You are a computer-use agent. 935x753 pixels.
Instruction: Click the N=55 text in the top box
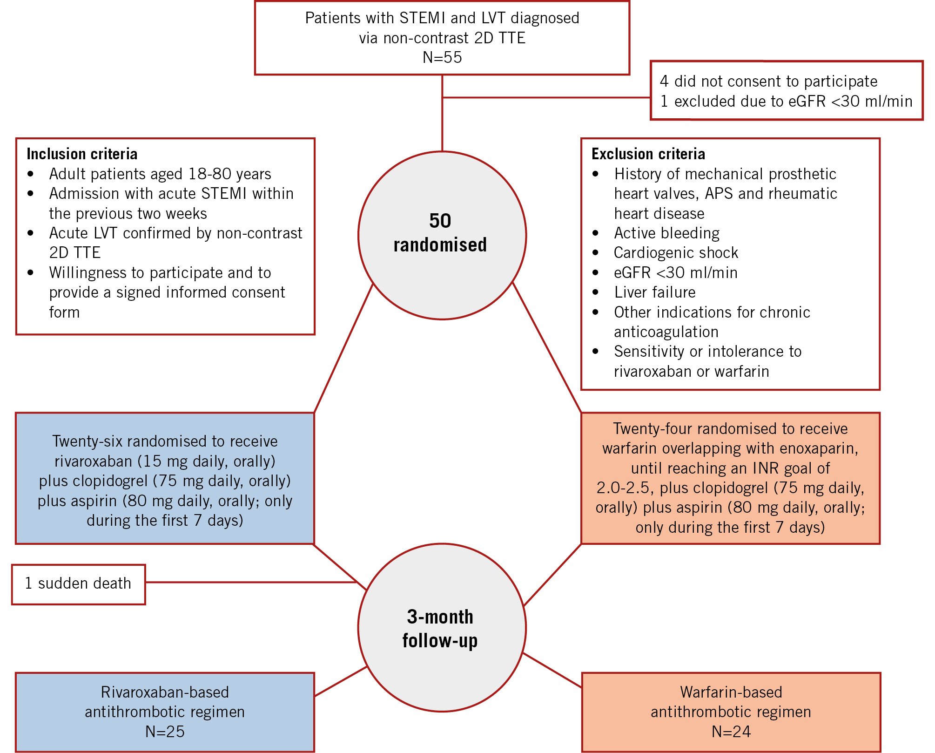(x=442, y=57)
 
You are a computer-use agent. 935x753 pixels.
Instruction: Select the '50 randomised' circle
(x=442, y=235)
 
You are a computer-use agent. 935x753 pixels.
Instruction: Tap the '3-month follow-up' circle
(x=442, y=628)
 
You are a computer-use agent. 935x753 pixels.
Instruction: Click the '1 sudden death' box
(x=78, y=583)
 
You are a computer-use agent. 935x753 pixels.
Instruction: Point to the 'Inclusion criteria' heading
(x=82, y=154)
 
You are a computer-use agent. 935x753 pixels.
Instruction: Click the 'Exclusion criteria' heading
(x=648, y=154)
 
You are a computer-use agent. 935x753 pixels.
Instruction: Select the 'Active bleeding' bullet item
(x=666, y=233)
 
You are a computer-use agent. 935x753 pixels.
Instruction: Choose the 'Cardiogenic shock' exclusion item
(x=676, y=253)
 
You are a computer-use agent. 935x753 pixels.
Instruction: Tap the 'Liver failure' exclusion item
(x=655, y=292)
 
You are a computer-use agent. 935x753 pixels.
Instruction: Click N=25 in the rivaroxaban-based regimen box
(x=165, y=732)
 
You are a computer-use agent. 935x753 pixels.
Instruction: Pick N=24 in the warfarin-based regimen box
(x=731, y=732)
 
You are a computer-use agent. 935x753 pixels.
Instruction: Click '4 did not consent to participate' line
(x=768, y=81)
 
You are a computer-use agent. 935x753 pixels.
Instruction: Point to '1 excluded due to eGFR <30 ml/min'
(x=786, y=102)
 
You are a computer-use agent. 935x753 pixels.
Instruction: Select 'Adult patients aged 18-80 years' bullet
(x=160, y=174)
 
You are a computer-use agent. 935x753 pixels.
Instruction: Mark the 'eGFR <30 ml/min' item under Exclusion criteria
(x=675, y=273)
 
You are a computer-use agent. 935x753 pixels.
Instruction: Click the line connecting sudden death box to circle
(x=251, y=582)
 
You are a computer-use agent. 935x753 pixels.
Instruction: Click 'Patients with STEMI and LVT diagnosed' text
(x=442, y=18)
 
